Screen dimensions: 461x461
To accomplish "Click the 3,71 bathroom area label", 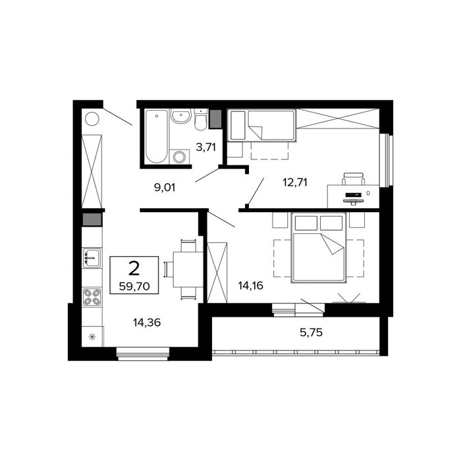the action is pyautogui.click(x=205, y=147).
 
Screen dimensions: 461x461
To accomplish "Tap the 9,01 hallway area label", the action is pyautogui.click(x=165, y=187).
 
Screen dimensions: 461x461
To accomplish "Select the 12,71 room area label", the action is pyautogui.click(x=295, y=182).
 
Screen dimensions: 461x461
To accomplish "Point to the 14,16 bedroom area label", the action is pyautogui.click(x=250, y=285).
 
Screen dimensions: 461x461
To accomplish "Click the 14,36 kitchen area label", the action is pyautogui.click(x=147, y=323).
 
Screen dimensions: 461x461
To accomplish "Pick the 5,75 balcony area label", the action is pyautogui.click(x=311, y=333).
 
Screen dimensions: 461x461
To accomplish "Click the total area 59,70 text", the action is pyautogui.click(x=134, y=286).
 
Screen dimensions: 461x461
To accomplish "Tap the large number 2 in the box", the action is pyautogui.click(x=134, y=269).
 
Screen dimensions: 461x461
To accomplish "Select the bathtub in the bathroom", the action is pyautogui.click(x=157, y=136).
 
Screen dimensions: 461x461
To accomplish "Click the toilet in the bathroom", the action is pyautogui.click(x=201, y=120).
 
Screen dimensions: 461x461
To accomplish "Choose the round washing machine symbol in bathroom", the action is pyautogui.click(x=178, y=157).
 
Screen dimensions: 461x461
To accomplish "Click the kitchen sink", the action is pyautogui.click(x=92, y=258).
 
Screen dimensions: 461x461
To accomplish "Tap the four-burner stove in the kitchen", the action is pyautogui.click(x=92, y=297).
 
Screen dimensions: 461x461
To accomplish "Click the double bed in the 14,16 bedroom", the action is pyautogui.click(x=318, y=248).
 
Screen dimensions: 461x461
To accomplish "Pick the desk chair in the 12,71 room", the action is pyautogui.click(x=353, y=179).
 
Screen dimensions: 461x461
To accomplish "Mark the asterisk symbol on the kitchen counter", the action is pyautogui.click(x=92, y=337).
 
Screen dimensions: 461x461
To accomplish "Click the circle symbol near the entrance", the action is pyautogui.click(x=92, y=119).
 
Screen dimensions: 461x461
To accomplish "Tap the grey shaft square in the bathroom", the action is pyautogui.click(x=215, y=119).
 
